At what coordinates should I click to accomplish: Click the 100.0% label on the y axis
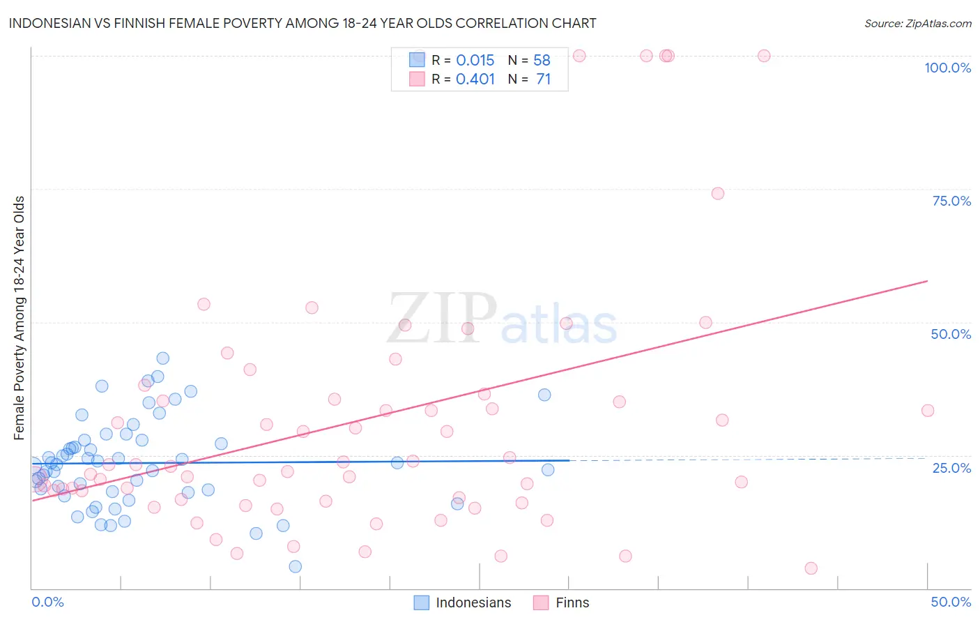[x=947, y=68]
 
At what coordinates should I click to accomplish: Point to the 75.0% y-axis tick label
[x=951, y=201]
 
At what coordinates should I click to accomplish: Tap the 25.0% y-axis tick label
[x=951, y=467]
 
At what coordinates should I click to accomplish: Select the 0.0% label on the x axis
[x=47, y=602]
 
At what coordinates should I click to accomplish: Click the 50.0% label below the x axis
[x=951, y=602]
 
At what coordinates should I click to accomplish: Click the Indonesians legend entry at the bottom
[x=463, y=602]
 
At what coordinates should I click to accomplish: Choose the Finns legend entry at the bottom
[x=561, y=602]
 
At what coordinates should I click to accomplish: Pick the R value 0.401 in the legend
[x=475, y=79]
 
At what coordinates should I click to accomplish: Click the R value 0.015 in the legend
[x=475, y=61]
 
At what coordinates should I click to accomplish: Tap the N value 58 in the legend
[x=542, y=61]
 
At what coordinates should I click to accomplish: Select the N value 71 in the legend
[x=543, y=79]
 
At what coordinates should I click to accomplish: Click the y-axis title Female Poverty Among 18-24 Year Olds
[x=20, y=318]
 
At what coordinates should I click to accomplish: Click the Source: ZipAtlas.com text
[x=917, y=23]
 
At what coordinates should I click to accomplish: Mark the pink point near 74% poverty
[x=718, y=193]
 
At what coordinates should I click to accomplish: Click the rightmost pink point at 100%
[x=764, y=56]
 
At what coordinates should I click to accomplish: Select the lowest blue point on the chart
[x=296, y=566]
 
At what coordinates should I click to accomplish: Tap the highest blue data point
[x=163, y=358]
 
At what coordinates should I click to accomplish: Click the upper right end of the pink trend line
[x=927, y=281]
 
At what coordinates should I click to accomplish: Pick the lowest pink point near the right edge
[x=811, y=568]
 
